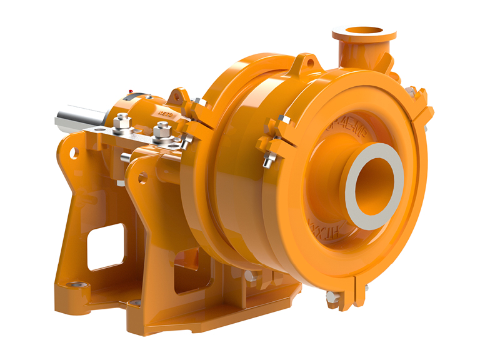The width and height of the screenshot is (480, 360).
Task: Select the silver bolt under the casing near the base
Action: click(x=250, y=276)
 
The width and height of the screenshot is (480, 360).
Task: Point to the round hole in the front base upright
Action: click(x=143, y=179)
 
